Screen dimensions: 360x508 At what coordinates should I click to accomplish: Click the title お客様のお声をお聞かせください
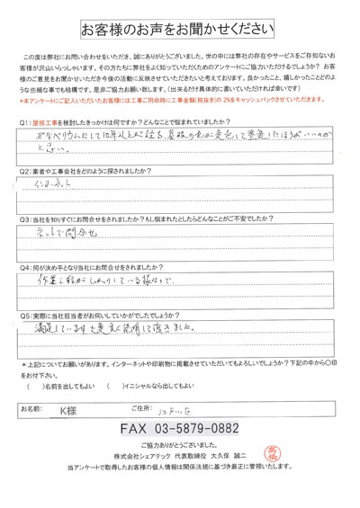click(x=181, y=27)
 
